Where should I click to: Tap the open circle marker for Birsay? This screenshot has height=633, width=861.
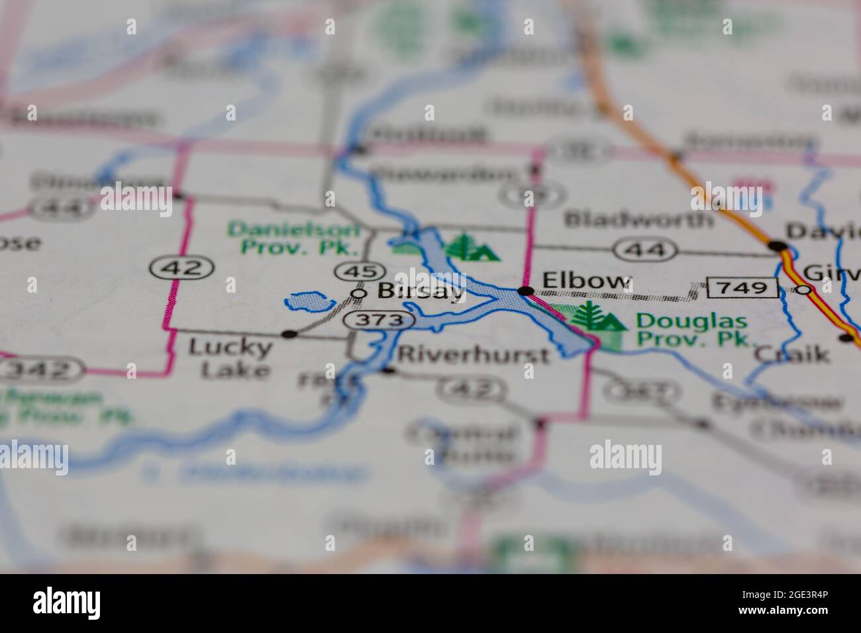358,293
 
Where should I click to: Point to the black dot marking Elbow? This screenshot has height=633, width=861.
526,291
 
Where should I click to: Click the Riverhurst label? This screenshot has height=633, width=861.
473,355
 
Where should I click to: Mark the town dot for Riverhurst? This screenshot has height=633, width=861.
387,370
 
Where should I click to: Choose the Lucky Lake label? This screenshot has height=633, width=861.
230,358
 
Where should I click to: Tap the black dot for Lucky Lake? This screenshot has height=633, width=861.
289,334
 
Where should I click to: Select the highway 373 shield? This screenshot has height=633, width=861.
378,320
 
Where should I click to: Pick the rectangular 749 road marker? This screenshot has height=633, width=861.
742,288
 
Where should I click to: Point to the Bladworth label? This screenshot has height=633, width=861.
638,219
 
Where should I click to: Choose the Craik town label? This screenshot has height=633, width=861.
792,354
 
